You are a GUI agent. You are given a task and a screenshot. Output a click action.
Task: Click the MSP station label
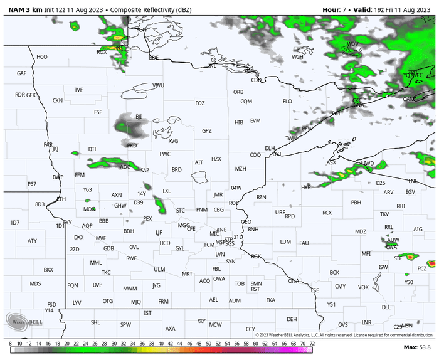(219, 243)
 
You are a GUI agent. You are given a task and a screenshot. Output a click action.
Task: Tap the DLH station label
(270, 149)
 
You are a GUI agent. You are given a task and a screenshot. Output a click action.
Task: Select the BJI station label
(139, 117)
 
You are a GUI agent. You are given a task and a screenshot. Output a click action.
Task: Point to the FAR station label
(48, 145)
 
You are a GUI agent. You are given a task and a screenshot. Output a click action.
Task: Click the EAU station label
(304, 243)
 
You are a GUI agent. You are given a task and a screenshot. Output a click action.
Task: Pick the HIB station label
(239, 122)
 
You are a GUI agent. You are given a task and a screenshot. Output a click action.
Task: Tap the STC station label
(181, 210)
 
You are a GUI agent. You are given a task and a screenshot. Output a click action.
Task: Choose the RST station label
(255, 289)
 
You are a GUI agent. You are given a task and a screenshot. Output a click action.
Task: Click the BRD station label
(177, 170)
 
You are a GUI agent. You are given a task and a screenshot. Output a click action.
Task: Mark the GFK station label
(31, 95)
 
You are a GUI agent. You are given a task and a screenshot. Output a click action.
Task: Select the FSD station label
(51, 305)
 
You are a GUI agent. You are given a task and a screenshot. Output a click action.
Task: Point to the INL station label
(213, 66)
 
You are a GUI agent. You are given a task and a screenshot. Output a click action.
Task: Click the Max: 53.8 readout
(418, 347)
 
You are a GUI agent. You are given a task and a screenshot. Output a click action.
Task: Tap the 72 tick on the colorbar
(312, 344)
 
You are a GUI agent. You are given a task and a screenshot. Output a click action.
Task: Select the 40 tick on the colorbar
(161, 344)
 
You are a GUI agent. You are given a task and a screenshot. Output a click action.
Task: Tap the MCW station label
(216, 325)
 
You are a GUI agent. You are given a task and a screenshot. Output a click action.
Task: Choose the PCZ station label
(422, 268)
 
